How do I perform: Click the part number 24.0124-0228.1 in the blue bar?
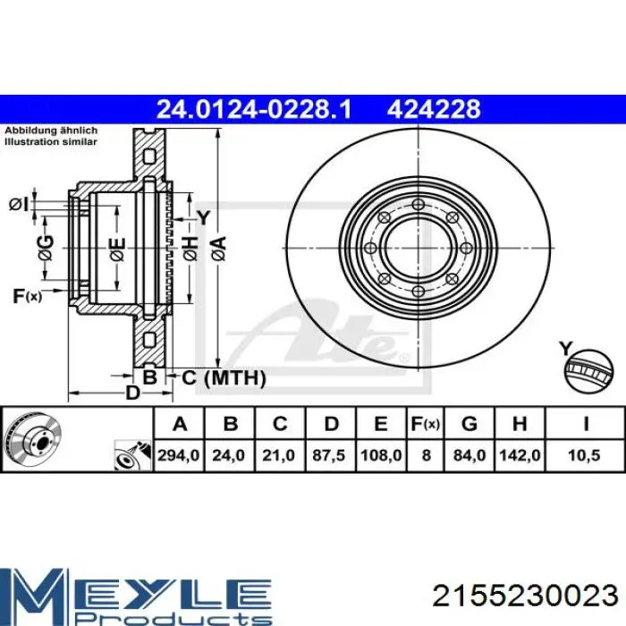[x=254, y=109]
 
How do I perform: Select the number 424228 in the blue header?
[x=434, y=109]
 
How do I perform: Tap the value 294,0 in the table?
[x=179, y=455]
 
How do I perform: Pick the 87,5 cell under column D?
[x=328, y=455]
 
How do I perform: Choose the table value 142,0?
[x=520, y=455]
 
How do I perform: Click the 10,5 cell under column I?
[x=585, y=455]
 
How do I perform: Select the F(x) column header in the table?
[x=426, y=424]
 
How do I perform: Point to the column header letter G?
[x=469, y=424]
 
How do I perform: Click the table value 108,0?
[x=381, y=455]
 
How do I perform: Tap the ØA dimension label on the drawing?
[x=219, y=249]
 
